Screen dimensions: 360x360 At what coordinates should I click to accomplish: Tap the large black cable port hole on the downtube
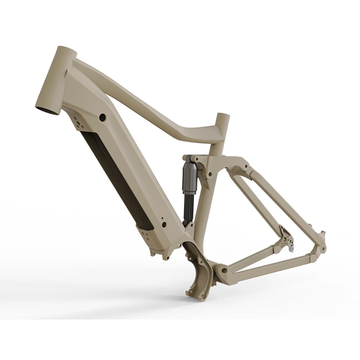pos(102,117)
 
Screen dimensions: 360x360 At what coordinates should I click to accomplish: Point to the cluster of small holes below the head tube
pos(79,123)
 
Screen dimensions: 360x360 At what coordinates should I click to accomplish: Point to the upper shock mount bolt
pos(188,158)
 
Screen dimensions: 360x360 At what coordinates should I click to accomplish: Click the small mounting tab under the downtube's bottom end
pos(155,253)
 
